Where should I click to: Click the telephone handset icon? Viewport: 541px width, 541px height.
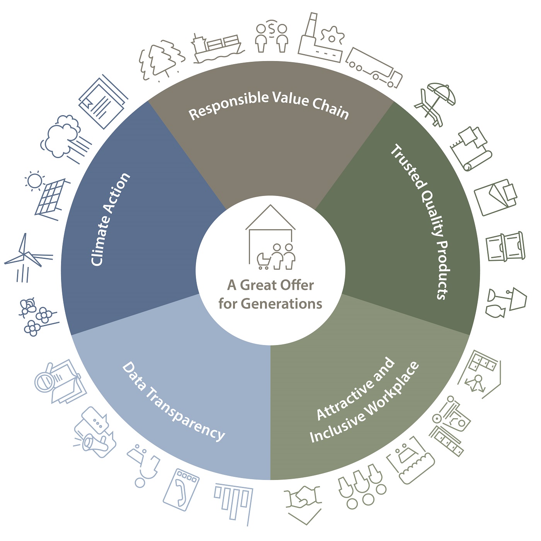click(x=182, y=488)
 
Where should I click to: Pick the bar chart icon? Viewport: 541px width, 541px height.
click(x=234, y=502)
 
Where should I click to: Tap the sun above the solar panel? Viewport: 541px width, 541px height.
click(x=35, y=180)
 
